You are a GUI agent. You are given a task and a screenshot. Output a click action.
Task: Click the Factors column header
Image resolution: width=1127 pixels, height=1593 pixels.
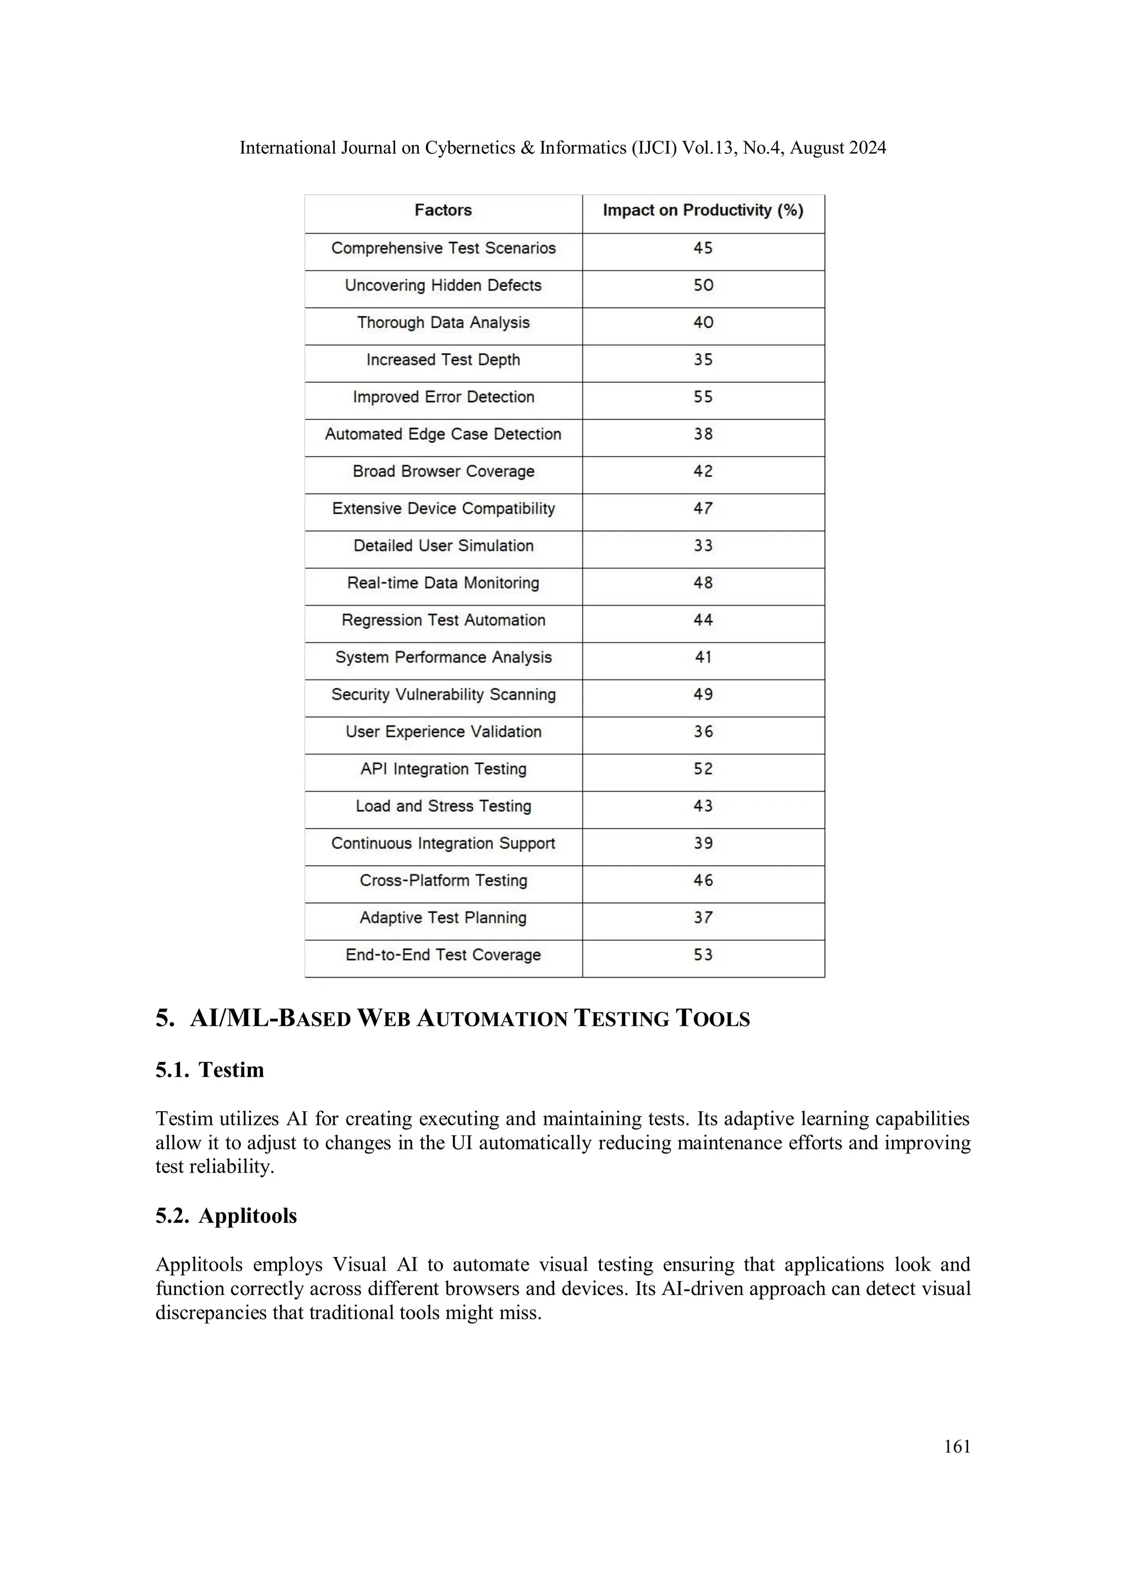443,210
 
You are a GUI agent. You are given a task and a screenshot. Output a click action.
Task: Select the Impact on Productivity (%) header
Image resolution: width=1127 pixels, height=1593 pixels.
702,210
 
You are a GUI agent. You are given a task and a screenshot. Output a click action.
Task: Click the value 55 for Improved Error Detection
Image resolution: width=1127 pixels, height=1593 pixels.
703,397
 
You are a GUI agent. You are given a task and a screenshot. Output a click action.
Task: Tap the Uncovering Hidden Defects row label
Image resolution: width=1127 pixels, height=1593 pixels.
443,285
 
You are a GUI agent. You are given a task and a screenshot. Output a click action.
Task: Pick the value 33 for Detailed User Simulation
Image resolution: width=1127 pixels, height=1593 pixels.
703,545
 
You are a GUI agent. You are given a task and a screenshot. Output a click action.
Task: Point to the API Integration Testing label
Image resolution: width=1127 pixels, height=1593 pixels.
443,769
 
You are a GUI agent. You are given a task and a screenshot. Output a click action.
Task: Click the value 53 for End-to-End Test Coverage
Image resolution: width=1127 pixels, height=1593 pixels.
703,955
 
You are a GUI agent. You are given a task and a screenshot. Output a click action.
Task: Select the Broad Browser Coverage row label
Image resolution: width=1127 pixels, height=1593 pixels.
443,471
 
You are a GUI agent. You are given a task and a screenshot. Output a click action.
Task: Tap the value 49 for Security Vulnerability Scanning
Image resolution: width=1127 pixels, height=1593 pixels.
703,695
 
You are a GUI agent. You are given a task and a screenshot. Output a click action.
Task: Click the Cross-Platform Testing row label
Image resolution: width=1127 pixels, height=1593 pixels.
443,881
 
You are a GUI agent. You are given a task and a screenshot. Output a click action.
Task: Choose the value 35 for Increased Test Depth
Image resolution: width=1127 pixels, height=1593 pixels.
703,359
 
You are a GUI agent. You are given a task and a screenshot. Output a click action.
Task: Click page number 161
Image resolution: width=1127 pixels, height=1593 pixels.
957,1446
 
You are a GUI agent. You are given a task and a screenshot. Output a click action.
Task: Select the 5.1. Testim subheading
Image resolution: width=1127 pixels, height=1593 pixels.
210,1069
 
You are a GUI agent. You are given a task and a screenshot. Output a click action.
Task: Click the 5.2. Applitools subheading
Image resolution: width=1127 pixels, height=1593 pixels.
226,1215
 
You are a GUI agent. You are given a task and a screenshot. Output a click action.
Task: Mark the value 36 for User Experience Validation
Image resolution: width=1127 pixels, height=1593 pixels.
703,731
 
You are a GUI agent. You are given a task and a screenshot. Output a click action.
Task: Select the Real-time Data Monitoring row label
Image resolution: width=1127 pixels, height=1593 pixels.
443,583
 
